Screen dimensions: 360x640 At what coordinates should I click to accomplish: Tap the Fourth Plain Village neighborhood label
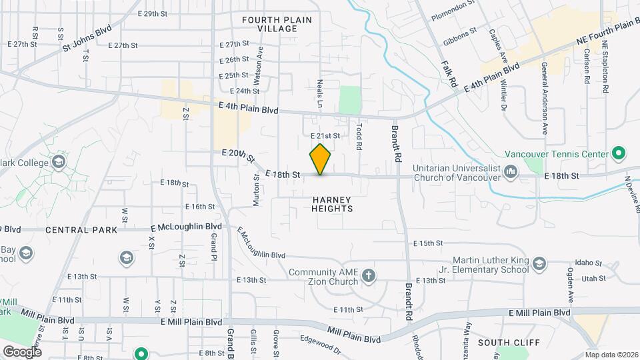(x=277, y=25)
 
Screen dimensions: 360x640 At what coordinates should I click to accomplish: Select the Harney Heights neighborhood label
(x=331, y=204)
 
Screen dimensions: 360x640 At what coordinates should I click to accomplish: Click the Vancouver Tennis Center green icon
(x=618, y=154)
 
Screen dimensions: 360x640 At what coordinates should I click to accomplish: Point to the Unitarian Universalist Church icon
(x=511, y=172)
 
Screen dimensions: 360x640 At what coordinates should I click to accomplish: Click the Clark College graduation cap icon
(x=59, y=162)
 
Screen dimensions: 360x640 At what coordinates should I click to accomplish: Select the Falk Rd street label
(x=448, y=74)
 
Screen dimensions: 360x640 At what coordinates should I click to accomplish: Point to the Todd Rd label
(x=359, y=135)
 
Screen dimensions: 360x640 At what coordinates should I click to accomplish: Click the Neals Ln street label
(x=320, y=95)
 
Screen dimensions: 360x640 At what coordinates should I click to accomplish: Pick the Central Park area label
(x=81, y=230)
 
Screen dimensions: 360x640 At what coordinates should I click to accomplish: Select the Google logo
(x=22, y=351)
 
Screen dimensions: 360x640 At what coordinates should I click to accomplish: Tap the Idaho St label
(x=589, y=263)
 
